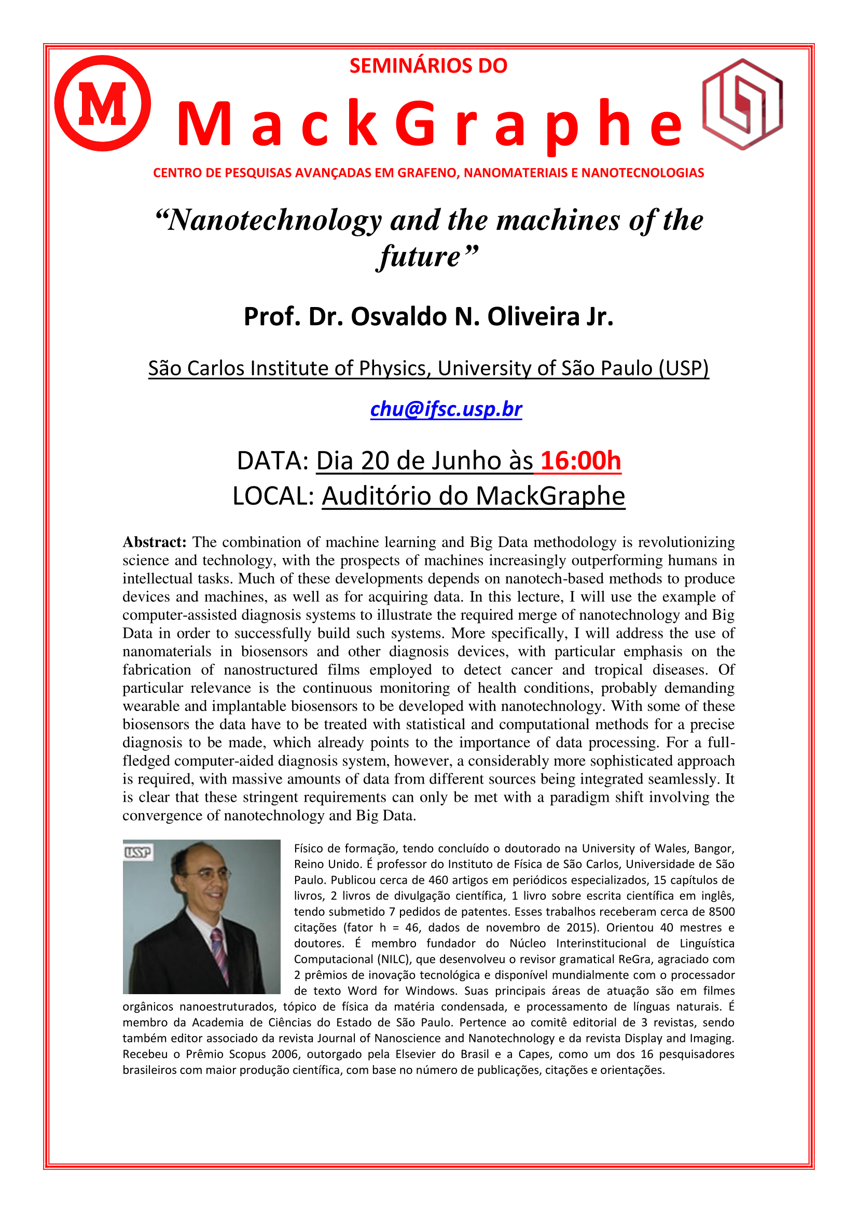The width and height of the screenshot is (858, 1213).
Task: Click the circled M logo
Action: pyautogui.click(x=103, y=103)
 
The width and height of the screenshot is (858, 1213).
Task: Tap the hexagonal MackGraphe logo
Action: pyautogui.click(x=742, y=104)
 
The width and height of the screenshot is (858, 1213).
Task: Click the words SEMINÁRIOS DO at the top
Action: pyautogui.click(x=428, y=65)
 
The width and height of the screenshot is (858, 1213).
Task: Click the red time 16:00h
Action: pyautogui.click(x=580, y=461)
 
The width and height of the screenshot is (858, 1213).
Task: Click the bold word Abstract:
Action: pyautogui.click(x=154, y=542)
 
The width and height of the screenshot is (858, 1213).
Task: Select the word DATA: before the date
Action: pyautogui.click(x=273, y=461)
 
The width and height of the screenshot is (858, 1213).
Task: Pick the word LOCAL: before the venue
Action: pyautogui.click(x=274, y=496)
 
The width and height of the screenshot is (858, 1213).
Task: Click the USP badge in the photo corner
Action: pyautogui.click(x=137, y=852)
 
